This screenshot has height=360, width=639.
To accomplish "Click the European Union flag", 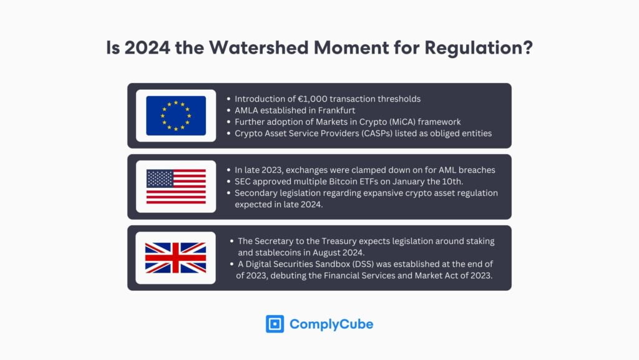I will (175, 115).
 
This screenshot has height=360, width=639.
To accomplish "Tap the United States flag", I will (175, 187).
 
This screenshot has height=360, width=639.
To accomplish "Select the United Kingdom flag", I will (175, 258).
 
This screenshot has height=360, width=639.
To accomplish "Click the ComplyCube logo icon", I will (275, 324).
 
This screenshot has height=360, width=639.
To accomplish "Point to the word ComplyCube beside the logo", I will (331, 324).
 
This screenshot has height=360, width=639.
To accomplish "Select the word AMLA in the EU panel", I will (247, 110).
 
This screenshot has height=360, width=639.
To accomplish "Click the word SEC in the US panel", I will (244, 182).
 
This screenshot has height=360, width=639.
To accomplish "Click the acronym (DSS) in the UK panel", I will (373, 265).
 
